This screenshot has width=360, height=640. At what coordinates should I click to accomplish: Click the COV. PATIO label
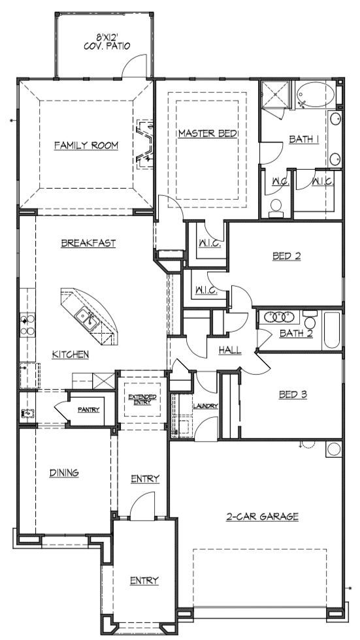point(107,46)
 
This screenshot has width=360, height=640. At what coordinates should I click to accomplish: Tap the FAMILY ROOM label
point(86,145)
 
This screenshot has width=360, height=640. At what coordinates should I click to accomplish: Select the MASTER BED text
point(208,133)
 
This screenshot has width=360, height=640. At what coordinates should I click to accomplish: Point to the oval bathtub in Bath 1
point(315,95)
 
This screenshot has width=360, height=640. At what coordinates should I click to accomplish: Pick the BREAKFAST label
point(88,243)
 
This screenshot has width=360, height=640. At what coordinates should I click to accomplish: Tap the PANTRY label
point(89,410)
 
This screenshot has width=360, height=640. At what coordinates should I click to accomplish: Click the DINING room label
point(64,473)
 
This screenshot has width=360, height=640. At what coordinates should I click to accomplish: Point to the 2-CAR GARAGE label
point(263,517)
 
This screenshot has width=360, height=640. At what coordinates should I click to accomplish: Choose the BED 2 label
point(287,256)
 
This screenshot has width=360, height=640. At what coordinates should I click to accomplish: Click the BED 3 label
point(293,394)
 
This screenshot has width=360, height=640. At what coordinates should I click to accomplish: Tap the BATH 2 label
point(297,334)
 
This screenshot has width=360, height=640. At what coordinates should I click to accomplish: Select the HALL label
point(230,350)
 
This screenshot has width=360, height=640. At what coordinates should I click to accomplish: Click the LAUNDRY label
point(206,406)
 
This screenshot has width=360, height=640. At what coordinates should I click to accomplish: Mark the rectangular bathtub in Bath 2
point(331,330)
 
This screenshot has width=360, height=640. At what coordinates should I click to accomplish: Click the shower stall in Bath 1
point(275,95)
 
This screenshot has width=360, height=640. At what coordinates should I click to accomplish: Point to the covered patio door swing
point(134,65)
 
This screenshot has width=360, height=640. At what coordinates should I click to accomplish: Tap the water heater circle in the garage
point(334,449)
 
